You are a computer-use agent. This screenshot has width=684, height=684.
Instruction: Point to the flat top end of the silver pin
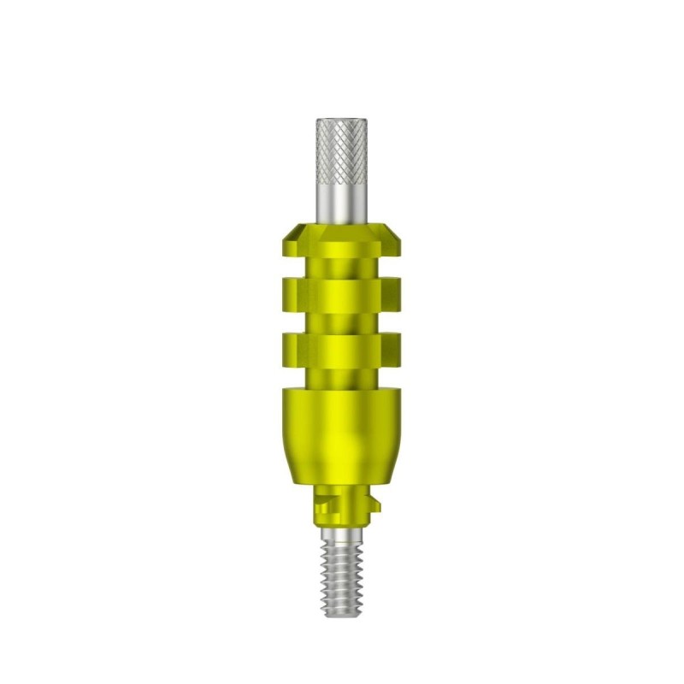coord(341,119)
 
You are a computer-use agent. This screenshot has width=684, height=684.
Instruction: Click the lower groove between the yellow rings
coord(341,324)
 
